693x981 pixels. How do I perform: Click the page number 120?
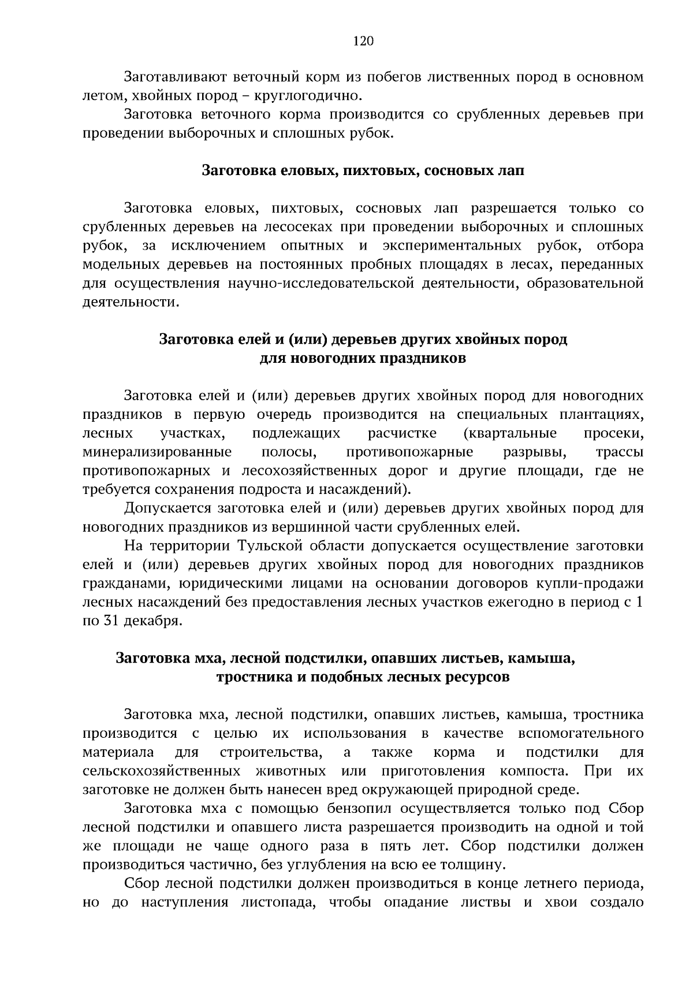point(363,40)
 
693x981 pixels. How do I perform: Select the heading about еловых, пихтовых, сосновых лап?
point(363,171)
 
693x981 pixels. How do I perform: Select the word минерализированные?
point(157,452)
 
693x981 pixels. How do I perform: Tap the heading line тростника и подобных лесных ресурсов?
point(363,677)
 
